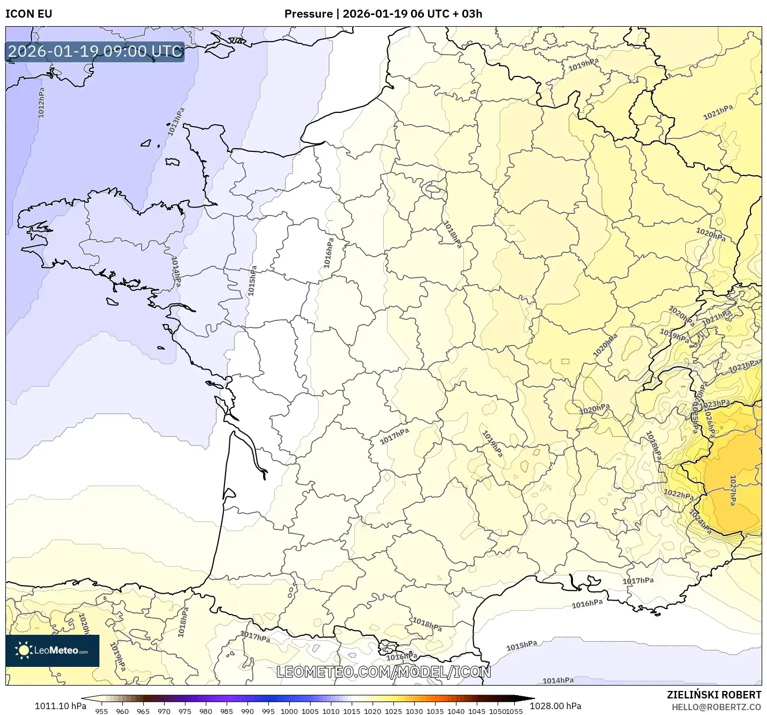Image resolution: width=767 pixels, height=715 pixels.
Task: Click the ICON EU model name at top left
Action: (x=29, y=14)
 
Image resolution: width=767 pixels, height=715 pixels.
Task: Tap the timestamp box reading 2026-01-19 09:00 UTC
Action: (x=95, y=51)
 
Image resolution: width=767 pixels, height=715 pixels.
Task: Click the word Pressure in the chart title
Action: (x=308, y=14)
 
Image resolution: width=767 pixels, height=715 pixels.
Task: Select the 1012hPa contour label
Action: (x=41, y=102)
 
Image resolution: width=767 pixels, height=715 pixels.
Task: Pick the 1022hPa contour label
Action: (x=678, y=494)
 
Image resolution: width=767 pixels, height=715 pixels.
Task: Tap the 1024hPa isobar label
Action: (x=700, y=521)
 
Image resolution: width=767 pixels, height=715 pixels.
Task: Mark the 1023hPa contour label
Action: (x=715, y=404)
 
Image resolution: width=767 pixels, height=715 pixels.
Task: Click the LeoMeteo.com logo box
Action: (x=52, y=650)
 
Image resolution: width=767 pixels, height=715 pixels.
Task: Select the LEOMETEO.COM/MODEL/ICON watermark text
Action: (x=383, y=672)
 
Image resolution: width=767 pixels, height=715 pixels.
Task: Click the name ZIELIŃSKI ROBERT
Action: (x=714, y=695)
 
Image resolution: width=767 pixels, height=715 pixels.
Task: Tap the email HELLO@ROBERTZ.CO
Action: (x=716, y=707)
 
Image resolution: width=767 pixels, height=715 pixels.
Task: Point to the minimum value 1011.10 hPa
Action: (x=60, y=706)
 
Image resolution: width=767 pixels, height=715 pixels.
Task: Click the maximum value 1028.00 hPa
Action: (x=555, y=706)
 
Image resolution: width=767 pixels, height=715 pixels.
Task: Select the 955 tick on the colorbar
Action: (x=101, y=711)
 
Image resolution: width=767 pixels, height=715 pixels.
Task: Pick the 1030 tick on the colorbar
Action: (x=414, y=711)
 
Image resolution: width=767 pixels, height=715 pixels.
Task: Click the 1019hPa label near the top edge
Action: (x=583, y=65)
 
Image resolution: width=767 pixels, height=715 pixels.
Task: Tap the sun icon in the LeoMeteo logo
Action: (x=24, y=650)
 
